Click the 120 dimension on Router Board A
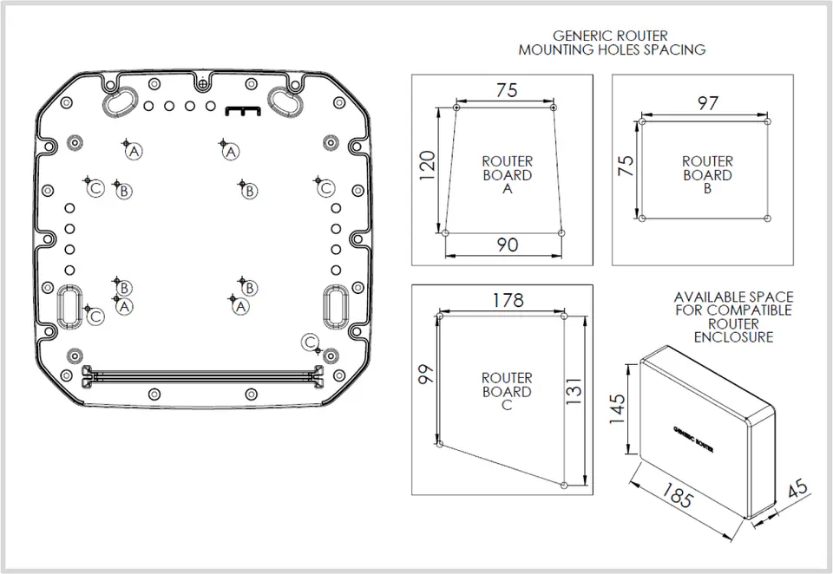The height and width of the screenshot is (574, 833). coord(428,165)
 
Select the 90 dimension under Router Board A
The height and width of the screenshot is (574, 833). coord(508,245)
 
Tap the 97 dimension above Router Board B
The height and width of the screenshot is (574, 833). coord(708,103)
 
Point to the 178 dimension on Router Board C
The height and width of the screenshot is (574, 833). coord(508,300)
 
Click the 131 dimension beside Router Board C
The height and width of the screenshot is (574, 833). coord(574,391)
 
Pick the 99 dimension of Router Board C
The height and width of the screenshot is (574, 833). coord(426,374)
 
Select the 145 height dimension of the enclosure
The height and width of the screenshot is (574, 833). coord(617,408)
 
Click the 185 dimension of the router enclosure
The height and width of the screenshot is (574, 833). coord(677,495)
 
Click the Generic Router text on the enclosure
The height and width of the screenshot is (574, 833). coord(693,439)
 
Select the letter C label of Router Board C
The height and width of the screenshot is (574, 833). coord(507,405)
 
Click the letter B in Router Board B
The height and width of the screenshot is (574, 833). coord(707,188)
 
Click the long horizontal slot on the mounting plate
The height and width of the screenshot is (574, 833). coord(202,377)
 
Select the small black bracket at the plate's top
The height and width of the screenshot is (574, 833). coord(243,110)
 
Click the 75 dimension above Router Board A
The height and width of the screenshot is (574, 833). coord(507,90)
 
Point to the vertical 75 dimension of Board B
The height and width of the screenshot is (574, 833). coord(626,166)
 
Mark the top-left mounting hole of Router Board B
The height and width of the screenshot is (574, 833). coord(642,121)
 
